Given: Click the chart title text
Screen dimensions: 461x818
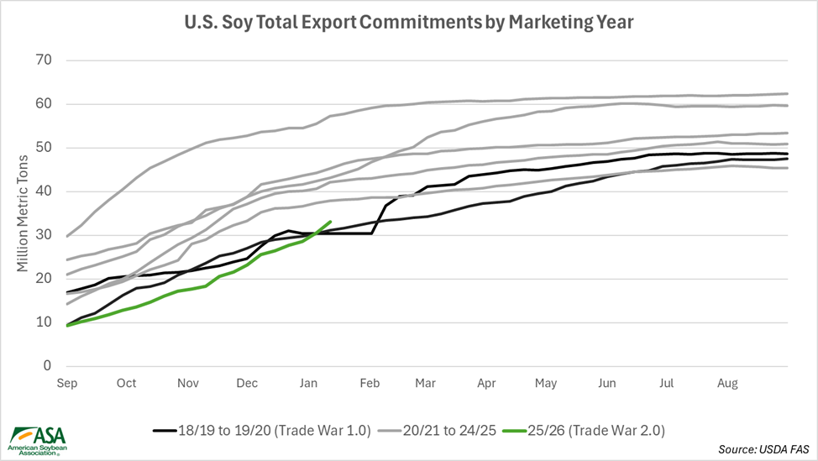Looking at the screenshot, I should pyautogui.click(x=409, y=23).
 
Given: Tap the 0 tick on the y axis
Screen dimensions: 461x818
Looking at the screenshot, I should pyautogui.click(x=47, y=366).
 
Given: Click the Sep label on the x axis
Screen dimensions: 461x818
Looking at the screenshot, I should pyautogui.click(x=66, y=383).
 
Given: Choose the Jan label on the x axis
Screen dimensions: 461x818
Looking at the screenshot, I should pyautogui.click(x=307, y=383).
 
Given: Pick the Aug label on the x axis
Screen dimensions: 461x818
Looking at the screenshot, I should pyautogui.click(x=728, y=383).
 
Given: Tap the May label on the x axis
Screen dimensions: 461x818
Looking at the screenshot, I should pyautogui.click(x=546, y=383).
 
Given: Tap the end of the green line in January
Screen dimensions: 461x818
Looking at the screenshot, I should pyautogui.click(x=329, y=222).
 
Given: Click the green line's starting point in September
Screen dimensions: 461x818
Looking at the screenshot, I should pyautogui.click(x=67, y=325).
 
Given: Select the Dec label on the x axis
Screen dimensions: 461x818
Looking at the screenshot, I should pyautogui.click(x=247, y=383).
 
